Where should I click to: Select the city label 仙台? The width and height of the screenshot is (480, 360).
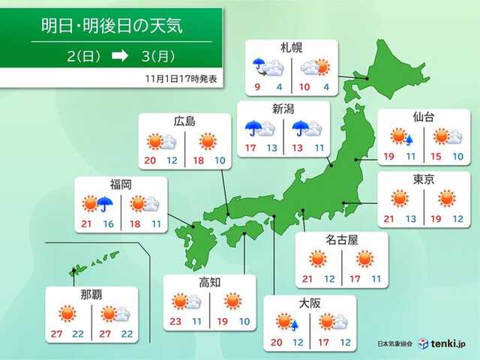click(423, 117)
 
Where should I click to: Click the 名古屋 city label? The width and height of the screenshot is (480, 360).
click(341, 240)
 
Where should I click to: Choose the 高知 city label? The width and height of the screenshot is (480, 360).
click(209, 283)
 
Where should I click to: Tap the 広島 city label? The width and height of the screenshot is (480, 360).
click(184, 121)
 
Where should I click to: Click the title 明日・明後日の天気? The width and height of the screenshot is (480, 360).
click(112, 28)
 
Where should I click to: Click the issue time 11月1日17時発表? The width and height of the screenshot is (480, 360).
click(180, 78)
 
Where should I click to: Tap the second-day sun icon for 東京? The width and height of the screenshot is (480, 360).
click(447, 198)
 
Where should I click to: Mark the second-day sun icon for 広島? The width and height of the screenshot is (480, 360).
click(209, 141)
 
